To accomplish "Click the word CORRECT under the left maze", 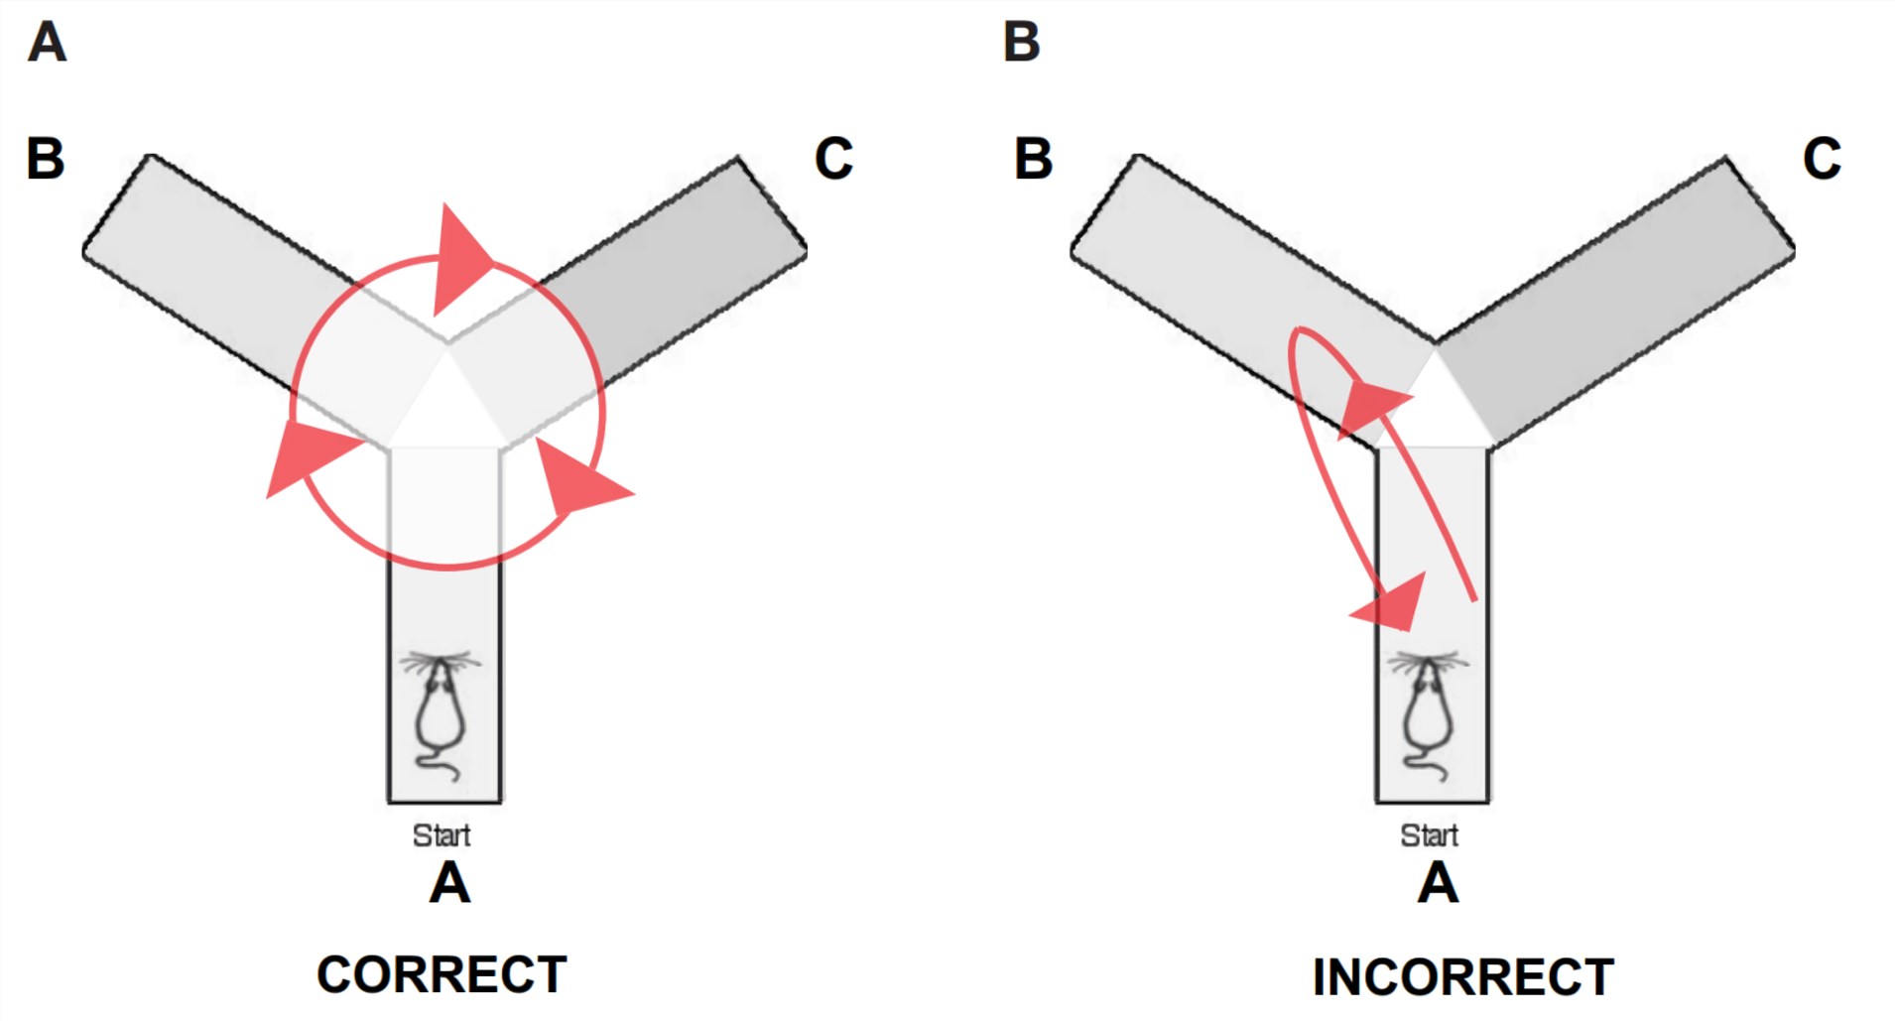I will point(442,974).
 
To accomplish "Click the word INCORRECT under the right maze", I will point(1462,977).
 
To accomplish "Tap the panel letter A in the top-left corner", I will point(47,43).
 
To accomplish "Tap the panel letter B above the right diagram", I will point(1022,43).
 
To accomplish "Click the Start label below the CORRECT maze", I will point(442,835).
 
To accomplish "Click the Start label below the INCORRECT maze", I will point(1429,835).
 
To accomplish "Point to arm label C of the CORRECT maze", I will point(833,159).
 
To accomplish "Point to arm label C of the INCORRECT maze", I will point(1822,159).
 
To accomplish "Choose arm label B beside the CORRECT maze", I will point(46,159).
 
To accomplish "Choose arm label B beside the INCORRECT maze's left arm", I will point(1033,159).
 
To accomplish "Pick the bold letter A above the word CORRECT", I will point(449,883).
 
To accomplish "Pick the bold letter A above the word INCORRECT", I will point(1438,883).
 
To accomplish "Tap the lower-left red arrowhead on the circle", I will point(308,458).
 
